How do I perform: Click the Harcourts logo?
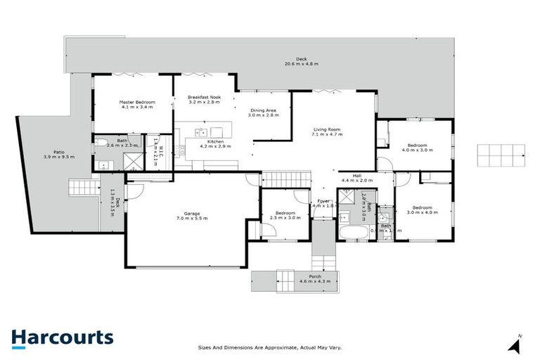tap(62, 337)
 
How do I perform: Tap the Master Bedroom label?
tap(136, 103)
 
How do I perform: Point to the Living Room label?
tap(327, 129)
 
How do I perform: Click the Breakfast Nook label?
tap(204, 97)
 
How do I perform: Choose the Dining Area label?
tap(264, 110)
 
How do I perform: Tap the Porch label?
tap(315, 276)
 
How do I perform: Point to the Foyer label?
tap(323, 201)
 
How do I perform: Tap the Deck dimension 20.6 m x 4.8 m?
tap(301, 64)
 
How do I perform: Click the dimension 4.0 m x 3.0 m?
tap(414, 150)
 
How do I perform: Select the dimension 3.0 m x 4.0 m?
tap(422, 213)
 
